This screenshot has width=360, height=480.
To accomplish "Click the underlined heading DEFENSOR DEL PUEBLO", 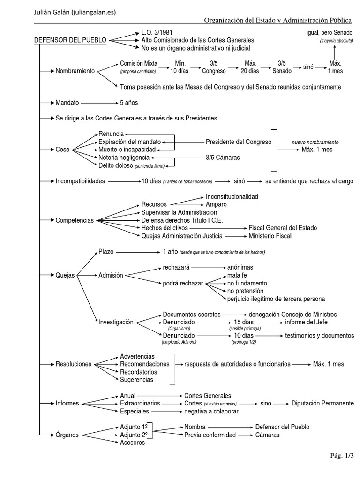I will (70, 40).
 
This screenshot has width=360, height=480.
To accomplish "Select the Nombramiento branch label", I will (75, 71).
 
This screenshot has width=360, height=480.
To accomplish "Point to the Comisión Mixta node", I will (139, 63).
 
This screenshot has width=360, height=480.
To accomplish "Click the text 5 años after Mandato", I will (129, 102).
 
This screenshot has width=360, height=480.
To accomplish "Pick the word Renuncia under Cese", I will (111, 134).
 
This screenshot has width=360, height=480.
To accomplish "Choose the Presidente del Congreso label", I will (239, 142).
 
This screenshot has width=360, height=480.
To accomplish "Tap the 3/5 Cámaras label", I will (223, 157).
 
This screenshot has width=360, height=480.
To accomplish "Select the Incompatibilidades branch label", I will (80, 181).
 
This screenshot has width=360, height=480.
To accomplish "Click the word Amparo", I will (216, 204).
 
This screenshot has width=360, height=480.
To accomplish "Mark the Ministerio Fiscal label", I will (270, 236).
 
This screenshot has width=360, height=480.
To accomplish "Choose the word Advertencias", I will (137, 356).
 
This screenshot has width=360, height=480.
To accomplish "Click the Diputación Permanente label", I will (322, 403).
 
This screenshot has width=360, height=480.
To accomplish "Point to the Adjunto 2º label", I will (134, 435).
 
